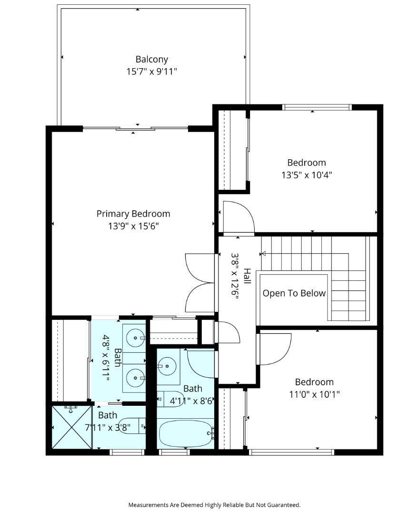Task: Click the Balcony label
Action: pos(152,60)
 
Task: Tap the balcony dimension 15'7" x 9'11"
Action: pos(152,71)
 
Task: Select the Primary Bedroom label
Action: pos(133,214)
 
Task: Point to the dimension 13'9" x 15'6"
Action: pos(133,226)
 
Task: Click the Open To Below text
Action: pos(294,293)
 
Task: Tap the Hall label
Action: pos(247,277)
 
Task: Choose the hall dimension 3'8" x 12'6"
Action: pos(235,276)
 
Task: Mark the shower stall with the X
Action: pos(72,427)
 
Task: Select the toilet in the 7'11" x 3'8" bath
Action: pos(131,426)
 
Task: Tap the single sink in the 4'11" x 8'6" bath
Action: pos(167,366)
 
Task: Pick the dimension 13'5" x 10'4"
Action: pos(307,175)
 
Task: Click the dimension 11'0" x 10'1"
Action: pos(314,394)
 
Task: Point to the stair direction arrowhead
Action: pos(263,254)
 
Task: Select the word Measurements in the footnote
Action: pos(148,505)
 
